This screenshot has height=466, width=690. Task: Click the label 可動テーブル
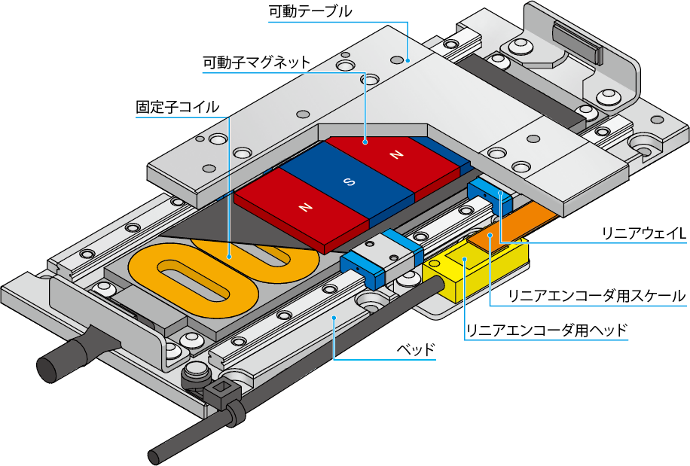[x=310, y=12]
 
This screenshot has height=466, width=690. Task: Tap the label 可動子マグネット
[x=256, y=62]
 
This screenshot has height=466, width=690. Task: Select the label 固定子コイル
[x=177, y=107]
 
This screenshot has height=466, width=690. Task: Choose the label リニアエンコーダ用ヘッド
[x=547, y=330]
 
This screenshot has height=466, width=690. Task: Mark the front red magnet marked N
[x=305, y=206]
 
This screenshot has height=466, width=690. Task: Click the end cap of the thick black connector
[x=48, y=368]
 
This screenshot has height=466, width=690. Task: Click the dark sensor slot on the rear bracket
[x=578, y=42]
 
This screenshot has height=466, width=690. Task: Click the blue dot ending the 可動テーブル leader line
[x=408, y=59]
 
